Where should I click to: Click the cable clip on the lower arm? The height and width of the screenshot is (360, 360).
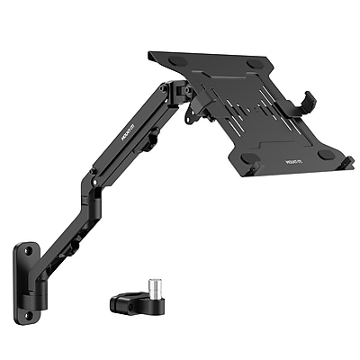(x=76, y=242)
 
